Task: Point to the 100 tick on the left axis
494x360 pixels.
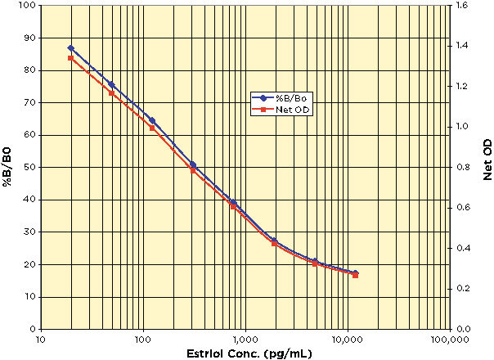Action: [x=25, y=6]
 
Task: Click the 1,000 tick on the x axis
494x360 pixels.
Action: [x=245, y=339]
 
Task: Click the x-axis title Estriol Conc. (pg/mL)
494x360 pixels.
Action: [x=245, y=353]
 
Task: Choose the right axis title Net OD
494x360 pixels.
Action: [x=487, y=166]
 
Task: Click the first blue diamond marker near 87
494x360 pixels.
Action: [x=71, y=48]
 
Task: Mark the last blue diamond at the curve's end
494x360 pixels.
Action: [x=355, y=273]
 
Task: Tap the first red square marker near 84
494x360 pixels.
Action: [x=71, y=58]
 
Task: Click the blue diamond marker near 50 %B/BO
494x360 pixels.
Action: [x=193, y=165]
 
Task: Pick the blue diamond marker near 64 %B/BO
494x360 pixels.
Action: [x=152, y=120]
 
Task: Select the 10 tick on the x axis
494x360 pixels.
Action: [x=40, y=339]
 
